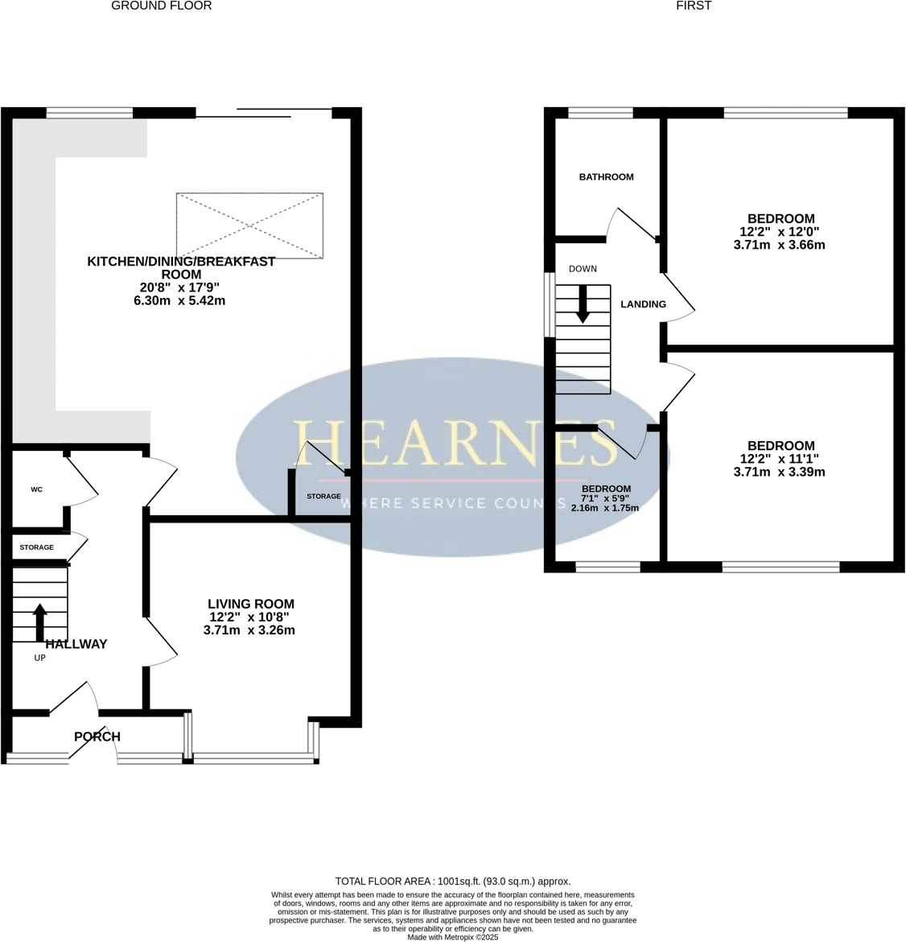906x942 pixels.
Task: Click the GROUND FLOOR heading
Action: click(x=161, y=6)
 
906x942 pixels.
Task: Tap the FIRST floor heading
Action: click(x=694, y=6)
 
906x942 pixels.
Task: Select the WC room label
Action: click(x=36, y=490)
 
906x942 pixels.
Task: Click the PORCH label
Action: click(x=97, y=737)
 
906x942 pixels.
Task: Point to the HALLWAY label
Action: click(x=76, y=644)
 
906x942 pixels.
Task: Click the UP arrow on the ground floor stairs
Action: click(x=39, y=621)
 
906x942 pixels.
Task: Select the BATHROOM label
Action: click(x=607, y=177)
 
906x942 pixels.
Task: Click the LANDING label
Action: click(x=644, y=304)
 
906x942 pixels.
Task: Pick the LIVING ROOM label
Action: click(x=251, y=604)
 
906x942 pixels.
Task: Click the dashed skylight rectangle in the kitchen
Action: click(x=249, y=225)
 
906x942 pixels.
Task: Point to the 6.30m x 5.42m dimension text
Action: click(x=179, y=301)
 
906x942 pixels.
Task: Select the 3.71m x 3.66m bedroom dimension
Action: click(x=780, y=246)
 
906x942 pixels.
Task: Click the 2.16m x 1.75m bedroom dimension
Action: click(x=605, y=508)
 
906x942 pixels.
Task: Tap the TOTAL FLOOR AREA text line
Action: click(x=453, y=882)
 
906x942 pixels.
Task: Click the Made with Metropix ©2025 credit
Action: click(x=453, y=937)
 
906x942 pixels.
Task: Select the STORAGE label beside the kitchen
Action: click(x=323, y=497)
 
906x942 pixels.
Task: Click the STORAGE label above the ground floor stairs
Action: click(x=37, y=547)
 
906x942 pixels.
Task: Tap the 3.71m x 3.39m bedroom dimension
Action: click(x=780, y=473)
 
